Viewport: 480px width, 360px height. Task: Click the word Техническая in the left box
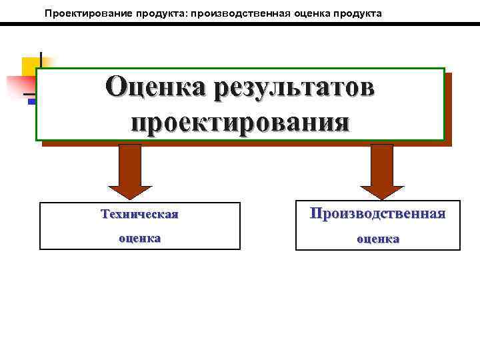pyautogui.click(x=139, y=215)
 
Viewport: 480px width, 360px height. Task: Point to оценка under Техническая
pyautogui.click(x=139, y=238)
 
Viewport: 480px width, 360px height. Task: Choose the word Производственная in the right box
pyautogui.click(x=377, y=214)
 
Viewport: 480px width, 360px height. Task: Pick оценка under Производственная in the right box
pyautogui.click(x=377, y=238)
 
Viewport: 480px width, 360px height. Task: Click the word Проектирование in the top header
pyautogui.click(x=83, y=13)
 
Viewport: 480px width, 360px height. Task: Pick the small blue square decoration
pyautogui.click(x=31, y=101)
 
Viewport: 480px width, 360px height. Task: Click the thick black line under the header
pyautogui.click(x=240, y=24)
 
